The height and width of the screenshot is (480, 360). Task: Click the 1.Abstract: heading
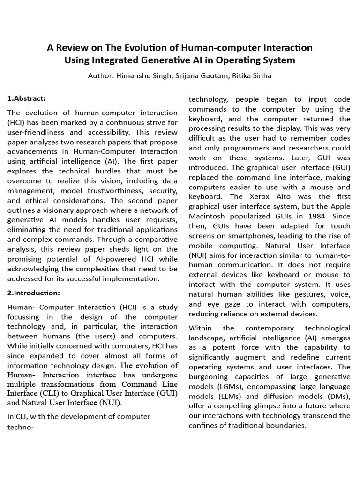(26, 98)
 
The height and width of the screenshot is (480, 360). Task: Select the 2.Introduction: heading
(32, 293)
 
